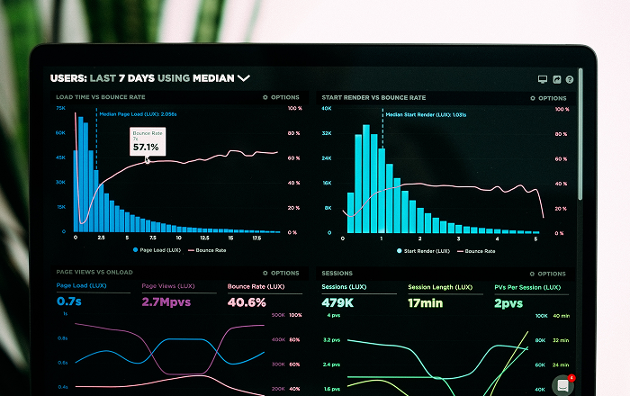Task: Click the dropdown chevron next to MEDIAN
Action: pos(243,78)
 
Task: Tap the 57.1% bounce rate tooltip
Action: pos(146,141)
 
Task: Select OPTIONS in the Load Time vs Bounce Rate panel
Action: pos(282,97)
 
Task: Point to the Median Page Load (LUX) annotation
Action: pos(138,114)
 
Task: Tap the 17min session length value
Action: pos(425,302)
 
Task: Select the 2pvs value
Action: pos(508,302)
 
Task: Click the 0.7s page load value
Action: pos(69,301)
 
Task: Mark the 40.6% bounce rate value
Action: pos(247,301)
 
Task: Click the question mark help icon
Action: pos(570,79)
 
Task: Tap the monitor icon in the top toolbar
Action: pos(543,79)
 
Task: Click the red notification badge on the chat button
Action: pos(571,377)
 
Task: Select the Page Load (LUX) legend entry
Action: pos(158,249)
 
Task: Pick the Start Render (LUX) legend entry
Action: pos(427,249)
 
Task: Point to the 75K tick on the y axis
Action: pos(60,108)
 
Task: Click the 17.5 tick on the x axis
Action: pos(256,238)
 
